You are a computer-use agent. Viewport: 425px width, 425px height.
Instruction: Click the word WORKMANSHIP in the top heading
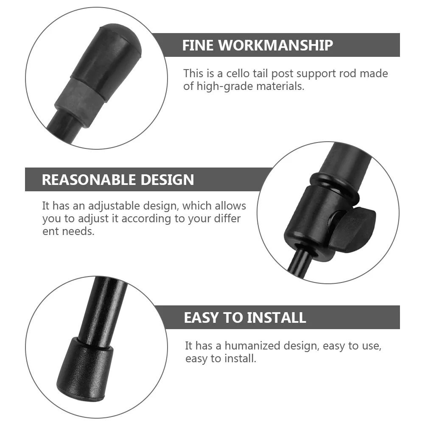click(277, 45)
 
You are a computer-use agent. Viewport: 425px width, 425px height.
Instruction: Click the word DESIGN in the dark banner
click(169, 179)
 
